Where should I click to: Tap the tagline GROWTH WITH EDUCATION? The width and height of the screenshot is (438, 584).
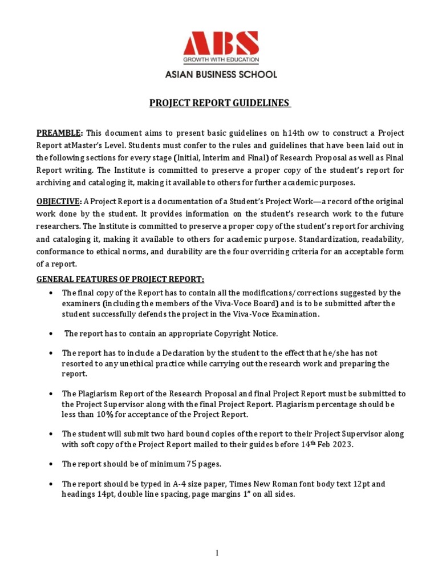click(220, 59)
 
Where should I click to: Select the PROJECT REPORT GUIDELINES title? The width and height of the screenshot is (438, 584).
click(220, 103)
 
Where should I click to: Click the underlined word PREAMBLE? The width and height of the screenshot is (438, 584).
click(59, 133)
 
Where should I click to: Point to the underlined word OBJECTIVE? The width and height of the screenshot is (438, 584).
click(59, 201)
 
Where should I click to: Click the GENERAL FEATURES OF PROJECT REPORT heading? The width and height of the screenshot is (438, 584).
click(120, 279)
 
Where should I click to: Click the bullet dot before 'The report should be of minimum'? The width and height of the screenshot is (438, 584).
click(51, 464)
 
